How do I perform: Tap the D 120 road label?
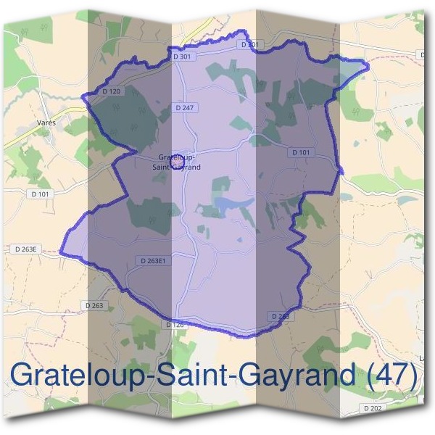(111, 91)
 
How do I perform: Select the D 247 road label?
(184, 107)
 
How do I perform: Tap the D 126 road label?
(175, 325)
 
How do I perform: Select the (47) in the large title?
(392, 377)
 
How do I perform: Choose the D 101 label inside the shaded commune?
(300, 152)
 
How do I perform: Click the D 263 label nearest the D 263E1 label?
(94, 305)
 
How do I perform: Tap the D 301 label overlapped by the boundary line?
(249, 44)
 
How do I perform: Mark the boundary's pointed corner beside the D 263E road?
(60, 254)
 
